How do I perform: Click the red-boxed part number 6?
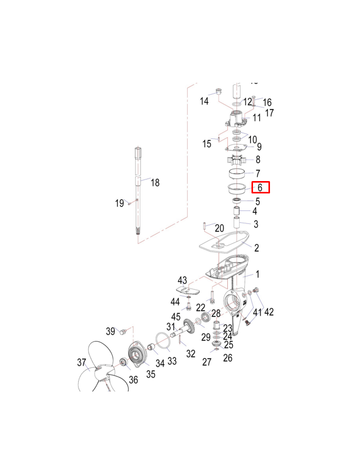(260, 188)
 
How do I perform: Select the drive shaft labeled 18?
(138, 190)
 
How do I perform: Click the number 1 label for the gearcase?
(258, 275)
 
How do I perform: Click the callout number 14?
(204, 101)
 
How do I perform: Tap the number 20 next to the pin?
(219, 228)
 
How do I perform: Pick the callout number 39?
(110, 330)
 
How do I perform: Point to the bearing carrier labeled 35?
(137, 354)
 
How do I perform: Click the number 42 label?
(268, 312)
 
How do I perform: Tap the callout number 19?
(119, 203)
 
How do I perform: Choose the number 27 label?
(207, 362)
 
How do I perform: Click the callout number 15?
(207, 144)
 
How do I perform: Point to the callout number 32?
(191, 353)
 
